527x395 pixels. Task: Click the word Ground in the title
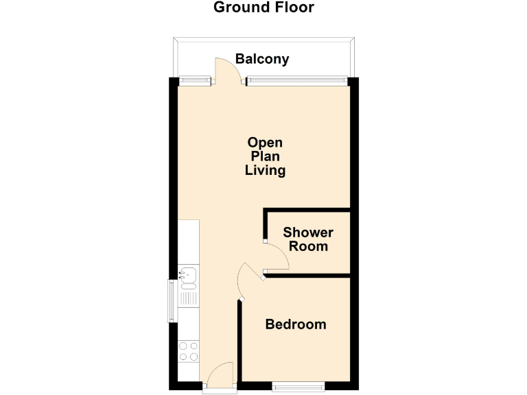click(239, 8)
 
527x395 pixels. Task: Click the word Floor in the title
click(291, 8)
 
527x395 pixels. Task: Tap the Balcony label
click(262, 59)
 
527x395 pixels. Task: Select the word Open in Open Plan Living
click(265, 143)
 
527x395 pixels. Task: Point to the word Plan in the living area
click(265, 156)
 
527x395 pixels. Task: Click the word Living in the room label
click(265, 171)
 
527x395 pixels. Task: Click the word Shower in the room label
click(308, 232)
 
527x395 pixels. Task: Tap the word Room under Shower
click(308, 246)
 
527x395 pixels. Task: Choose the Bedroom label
click(296, 324)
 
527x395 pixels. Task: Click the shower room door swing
click(277, 259)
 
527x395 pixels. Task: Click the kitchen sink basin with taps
click(188, 275)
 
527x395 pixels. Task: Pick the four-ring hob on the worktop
click(188, 352)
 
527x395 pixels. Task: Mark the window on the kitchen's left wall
click(172, 300)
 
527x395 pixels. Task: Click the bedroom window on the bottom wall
click(298, 387)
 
